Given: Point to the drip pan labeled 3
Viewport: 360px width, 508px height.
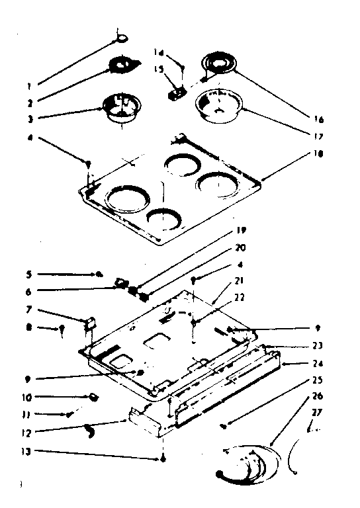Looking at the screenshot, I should click(x=120, y=108).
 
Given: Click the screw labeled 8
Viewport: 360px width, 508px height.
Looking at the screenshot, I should click(x=62, y=328).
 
